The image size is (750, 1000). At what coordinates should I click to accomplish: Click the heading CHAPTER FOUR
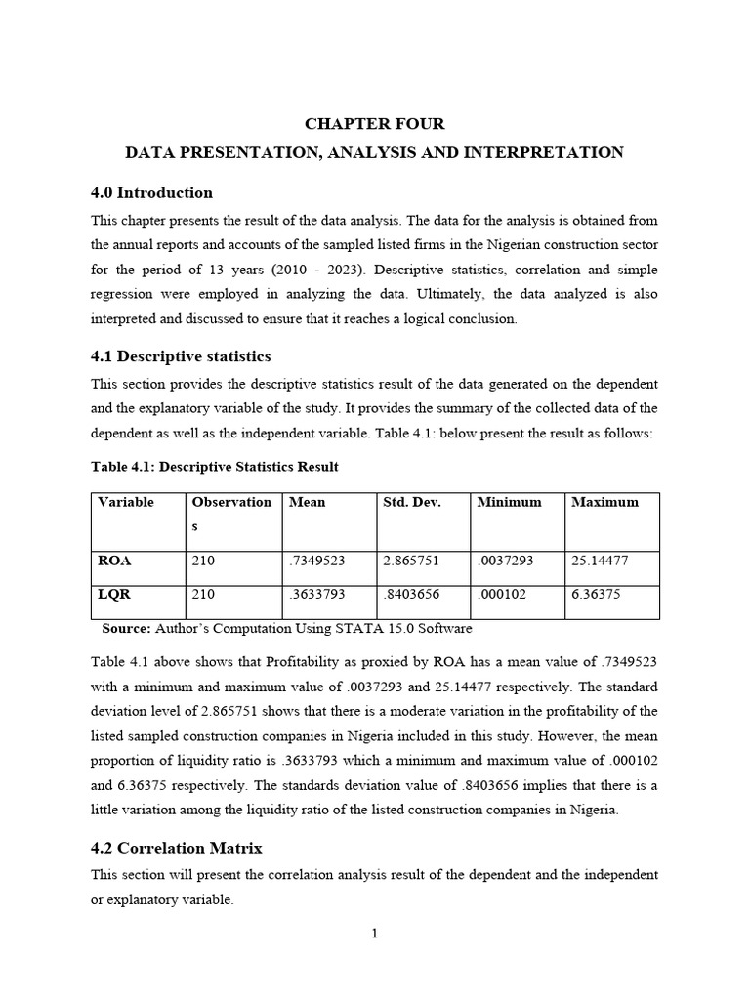tap(375, 124)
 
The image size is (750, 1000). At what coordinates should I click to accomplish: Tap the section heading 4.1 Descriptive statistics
tap(181, 356)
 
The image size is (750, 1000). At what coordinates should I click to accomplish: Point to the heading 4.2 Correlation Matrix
tap(177, 848)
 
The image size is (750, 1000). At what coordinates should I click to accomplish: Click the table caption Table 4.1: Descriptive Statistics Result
tap(215, 467)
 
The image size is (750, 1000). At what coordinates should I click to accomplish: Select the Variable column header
tap(126, 502)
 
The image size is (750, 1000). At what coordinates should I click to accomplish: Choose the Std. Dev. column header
tap(412, 502)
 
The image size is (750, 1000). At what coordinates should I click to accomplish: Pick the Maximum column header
tap(604, 502)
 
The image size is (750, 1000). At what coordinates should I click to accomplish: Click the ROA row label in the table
tap(114, 562)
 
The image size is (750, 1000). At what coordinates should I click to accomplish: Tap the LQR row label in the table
tap(114, 595)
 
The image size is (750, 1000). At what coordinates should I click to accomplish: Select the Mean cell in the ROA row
tap(317, 562)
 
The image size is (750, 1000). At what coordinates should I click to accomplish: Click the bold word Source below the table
tap(126, 629)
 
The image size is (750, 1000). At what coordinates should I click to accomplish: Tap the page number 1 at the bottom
tap(374, 935)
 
